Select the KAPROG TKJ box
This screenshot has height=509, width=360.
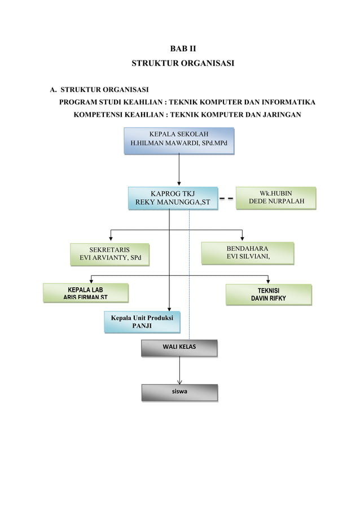tap(173, 199)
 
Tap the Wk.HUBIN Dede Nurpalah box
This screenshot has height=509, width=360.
tap(275, 198)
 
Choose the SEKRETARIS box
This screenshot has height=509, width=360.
tap(109, 254)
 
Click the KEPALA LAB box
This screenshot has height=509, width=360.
tap(86, 293)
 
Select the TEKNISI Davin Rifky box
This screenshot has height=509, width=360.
tap(268, 293)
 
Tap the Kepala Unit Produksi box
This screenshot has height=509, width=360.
tap(142, 322)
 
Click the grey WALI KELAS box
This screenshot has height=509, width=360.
tap(179, 348)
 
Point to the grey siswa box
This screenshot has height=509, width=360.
tap(179, 392)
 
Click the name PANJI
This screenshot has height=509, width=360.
tap(142, 326)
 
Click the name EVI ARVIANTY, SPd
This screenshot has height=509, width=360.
tap(109, 258)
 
